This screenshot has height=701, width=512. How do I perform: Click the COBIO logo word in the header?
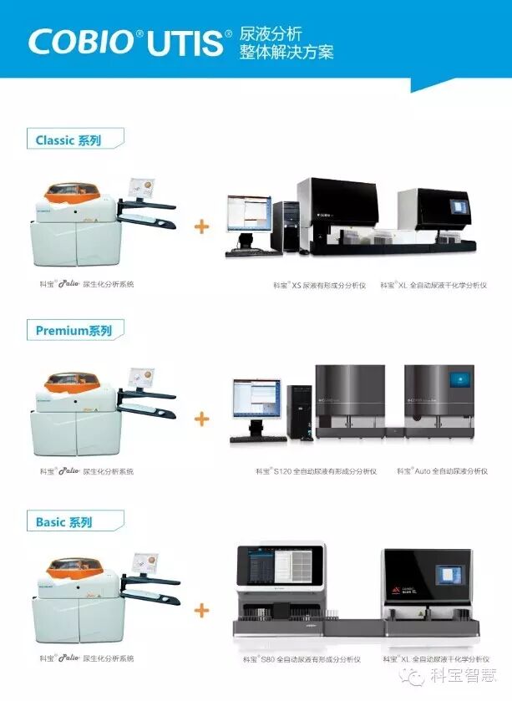pos(80,42)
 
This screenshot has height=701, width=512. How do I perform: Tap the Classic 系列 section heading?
pos(68,140)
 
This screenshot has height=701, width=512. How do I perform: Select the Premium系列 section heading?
pos(74,330)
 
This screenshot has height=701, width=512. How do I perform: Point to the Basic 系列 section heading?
pos(63,522)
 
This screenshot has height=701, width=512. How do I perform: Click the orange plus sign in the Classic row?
pos(202,226)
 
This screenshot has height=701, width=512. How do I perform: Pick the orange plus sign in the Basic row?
pos(202,611)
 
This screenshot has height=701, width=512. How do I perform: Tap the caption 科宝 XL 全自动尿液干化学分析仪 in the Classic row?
pos(433,285)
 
